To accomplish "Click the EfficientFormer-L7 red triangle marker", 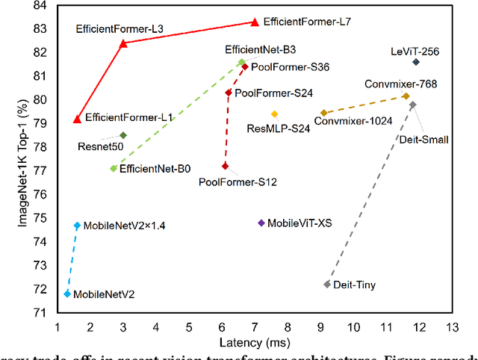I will (255, 22).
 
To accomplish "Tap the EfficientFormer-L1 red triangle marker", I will (77, 119).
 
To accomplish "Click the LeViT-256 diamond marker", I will (416, 62).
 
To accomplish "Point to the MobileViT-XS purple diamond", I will (261, 223).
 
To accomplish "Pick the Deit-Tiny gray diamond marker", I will (327, 285).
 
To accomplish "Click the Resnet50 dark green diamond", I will (123, 135).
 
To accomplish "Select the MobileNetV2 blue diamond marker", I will (67, 294).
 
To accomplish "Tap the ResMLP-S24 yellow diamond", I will (274, 114).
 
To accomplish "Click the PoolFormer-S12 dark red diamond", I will (225, 166).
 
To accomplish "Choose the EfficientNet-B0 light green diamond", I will (114, 169).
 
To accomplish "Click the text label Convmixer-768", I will (401, 84).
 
